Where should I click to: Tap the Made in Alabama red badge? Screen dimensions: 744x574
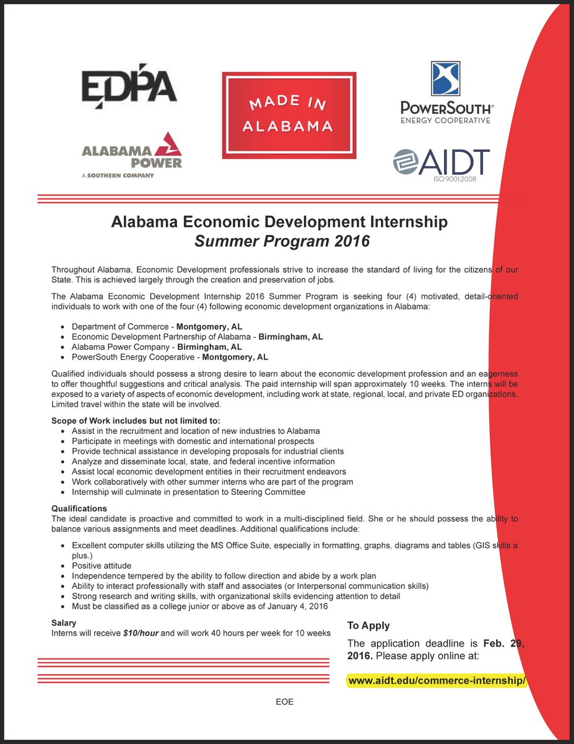(x=289, y=115)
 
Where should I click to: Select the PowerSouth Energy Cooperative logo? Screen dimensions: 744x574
(x=445, y=93)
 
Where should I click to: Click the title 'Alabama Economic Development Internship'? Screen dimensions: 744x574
(x=279, y=221)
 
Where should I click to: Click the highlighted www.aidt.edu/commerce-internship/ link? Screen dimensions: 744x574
(x=437, y=681)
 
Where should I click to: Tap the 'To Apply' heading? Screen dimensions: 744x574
(x=368, y=626)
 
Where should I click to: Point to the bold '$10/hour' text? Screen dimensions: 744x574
(x=141, y=633)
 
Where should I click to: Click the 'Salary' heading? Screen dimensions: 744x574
(x=64, y=622)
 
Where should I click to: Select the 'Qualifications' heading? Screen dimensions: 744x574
(x=79, y=508)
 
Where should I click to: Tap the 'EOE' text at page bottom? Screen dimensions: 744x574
(x=284, y=702)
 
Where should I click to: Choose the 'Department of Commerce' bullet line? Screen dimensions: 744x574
(x=157, y=326)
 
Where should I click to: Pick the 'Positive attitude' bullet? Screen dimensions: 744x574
(x=102, y=565)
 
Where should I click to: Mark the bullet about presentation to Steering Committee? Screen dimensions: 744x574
(x=188, y=492)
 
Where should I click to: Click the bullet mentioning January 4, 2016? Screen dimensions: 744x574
(x=199, y=606)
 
